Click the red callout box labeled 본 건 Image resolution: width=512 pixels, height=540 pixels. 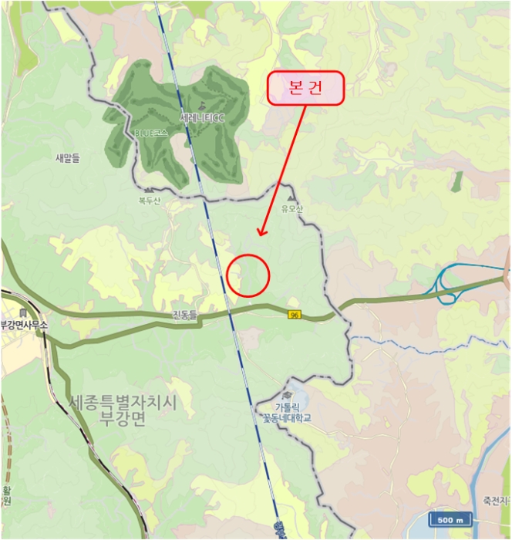[x=305, y=89]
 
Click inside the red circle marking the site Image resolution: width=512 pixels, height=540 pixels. [x=248, y=275]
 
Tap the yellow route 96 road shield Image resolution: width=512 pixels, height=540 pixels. [x=294, y=315]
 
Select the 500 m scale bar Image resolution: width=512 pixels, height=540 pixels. [x=447, y=520]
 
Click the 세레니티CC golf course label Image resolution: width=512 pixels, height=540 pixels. [x=201, y=119]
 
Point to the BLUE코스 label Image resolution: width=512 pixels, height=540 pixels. [x=151, y=133]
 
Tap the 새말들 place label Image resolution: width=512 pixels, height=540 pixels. [x=67, y=158]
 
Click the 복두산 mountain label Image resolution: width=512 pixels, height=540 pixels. [x=150, y=202]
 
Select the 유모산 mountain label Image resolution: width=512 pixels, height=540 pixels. [x=293, y=208]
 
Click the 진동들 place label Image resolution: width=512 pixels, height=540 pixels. [x=185, y=315]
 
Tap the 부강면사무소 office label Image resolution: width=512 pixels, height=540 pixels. [x=23, y=325]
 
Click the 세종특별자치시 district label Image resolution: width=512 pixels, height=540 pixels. [x=123, y=403]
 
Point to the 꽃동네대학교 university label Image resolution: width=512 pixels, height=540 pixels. [x=286, y=418]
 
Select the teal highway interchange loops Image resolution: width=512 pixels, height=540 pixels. [x=446, y=284]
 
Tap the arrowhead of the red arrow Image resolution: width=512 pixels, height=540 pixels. [x=261, y=233]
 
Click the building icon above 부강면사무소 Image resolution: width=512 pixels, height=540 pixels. [x=24, y=312]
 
